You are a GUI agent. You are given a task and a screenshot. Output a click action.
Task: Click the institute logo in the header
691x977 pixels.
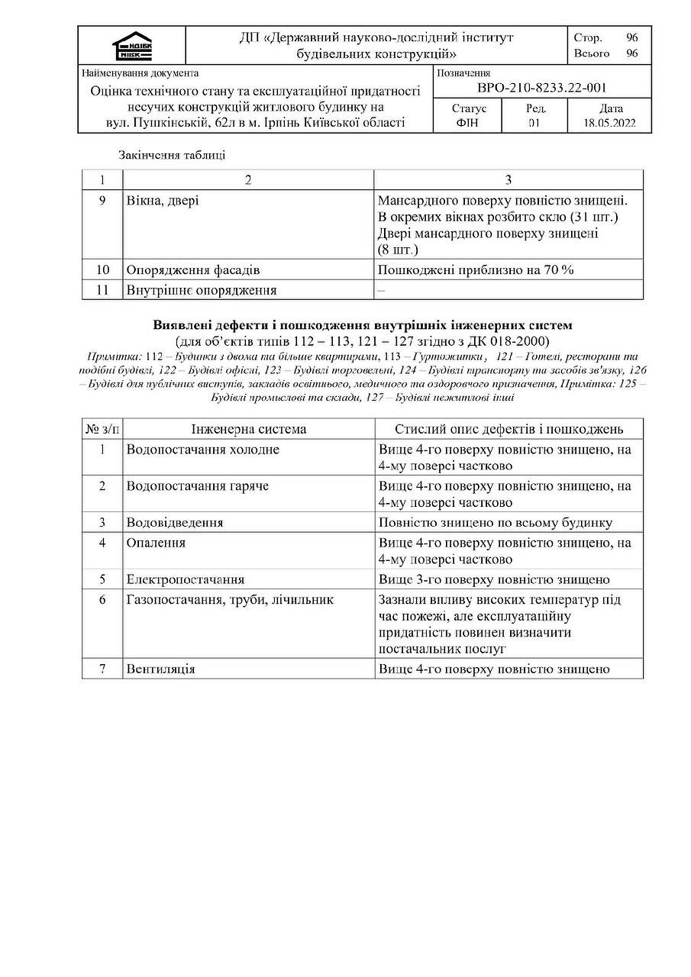tap(132, 47)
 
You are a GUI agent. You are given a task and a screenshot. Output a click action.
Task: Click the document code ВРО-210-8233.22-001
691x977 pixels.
tap(541, 89)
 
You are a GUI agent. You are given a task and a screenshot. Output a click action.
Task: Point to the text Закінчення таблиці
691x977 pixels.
tap(172, 155)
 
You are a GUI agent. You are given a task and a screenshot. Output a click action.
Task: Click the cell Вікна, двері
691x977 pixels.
tap(164, 200)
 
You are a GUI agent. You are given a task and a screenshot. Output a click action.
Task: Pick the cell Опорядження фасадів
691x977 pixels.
tap(193, 270)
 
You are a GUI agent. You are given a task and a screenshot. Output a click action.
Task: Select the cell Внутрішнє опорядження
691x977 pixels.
tap(202, 290)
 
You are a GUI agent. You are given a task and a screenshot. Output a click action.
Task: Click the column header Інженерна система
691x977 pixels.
tap(248, 429)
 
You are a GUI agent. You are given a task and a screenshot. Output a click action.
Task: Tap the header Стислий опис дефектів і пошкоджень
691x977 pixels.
tap(509, 429)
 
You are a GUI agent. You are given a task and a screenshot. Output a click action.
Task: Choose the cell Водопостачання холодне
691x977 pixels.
tap(203, 450)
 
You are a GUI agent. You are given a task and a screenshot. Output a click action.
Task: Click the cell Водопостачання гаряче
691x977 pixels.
tap(198, 486)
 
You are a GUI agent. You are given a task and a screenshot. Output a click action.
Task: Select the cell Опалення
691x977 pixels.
tap(157, 543)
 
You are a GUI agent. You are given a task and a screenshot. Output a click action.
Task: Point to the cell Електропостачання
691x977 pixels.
tap(186, 580)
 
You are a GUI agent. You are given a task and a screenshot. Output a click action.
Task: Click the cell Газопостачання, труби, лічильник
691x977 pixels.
tap(230, 600)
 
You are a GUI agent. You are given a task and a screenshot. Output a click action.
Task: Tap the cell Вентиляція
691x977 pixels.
tap(161, 669)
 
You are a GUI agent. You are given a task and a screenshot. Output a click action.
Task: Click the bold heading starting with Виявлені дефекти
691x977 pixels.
tap(362, 325)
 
